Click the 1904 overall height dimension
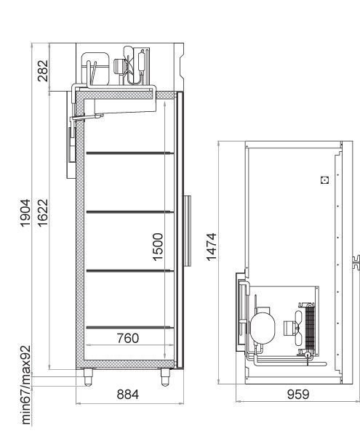(x=25, y=213)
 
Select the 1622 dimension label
(x=43, y=213)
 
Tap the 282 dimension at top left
(x=43, y=71)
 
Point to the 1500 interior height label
(x=158, y=247)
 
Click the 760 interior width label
(x=128, y=338)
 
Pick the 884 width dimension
(x=128, y=395)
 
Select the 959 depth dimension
(x=298, y=395)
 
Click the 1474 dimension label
(x=212, y=247)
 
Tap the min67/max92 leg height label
(x=25, y=385)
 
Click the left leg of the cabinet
(x=88, y=377)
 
